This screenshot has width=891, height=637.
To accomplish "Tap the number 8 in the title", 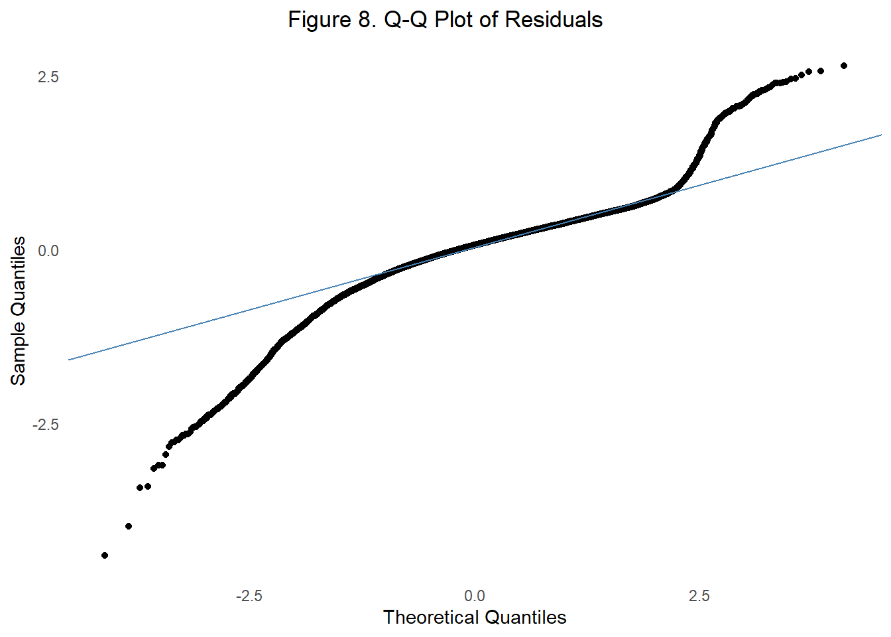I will click(366, 20).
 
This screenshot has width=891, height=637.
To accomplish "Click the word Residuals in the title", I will click(554, 20).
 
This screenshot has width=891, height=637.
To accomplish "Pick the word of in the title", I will click(489, 20).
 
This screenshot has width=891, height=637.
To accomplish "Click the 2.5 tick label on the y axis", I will click(48, 77).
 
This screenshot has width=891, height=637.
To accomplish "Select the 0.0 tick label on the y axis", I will click(48, 251).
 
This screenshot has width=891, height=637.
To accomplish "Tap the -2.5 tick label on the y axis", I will click(45, 425).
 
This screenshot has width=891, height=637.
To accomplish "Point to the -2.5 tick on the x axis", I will click(249, 596).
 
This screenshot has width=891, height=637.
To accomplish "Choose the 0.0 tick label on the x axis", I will click(475, 596).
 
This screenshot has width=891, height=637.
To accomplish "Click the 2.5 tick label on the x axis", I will click(699, 596).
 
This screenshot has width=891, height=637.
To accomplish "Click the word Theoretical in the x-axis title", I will click(430, 618).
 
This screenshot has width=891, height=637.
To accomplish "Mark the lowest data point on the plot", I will click(105, 555).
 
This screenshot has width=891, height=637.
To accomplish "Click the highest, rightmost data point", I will click(843, 66).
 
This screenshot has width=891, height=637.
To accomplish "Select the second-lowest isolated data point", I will click(129, 526).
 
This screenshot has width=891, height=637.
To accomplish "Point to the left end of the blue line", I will click(69, 360).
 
